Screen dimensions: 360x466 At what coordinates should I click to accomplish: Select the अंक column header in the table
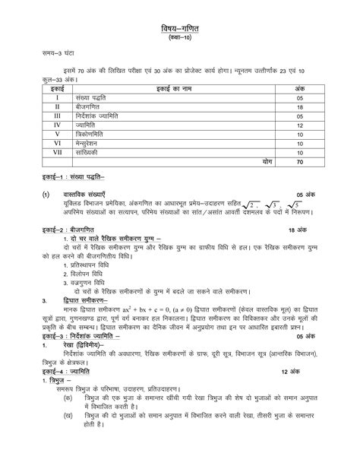[x=300, y=89]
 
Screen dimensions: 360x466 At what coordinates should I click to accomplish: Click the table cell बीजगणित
[x=93, y=108]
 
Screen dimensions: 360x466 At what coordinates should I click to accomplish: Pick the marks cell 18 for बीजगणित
[x=300, y=108]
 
